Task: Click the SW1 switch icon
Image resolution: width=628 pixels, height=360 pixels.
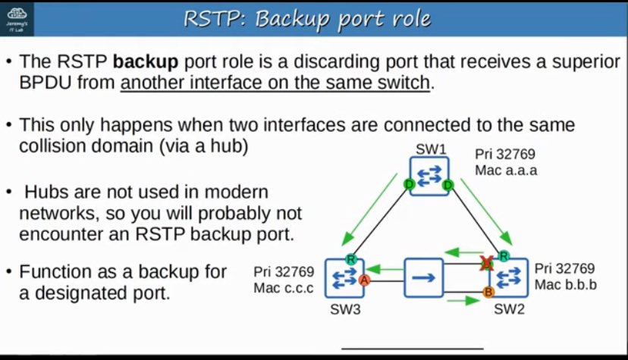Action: coord(429,176)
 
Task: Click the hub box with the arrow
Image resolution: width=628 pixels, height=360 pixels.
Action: coord(423,278)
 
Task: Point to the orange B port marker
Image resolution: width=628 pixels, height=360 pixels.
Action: coord(488,292)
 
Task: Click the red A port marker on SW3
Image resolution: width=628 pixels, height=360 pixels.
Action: coord(364,280)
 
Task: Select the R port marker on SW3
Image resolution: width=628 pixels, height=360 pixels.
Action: coord(350,259)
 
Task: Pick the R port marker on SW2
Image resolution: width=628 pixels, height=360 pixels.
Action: coord(504,257)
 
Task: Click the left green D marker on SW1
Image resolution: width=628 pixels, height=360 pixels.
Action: coord(410,184)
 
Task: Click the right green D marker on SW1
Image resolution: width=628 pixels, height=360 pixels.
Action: coord(448,184)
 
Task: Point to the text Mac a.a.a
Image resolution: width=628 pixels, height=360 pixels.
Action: coord(506,170)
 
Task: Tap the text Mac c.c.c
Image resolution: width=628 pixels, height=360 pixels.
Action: coord(284,287)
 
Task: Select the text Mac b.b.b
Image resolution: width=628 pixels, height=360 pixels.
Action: coord(566,285)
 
